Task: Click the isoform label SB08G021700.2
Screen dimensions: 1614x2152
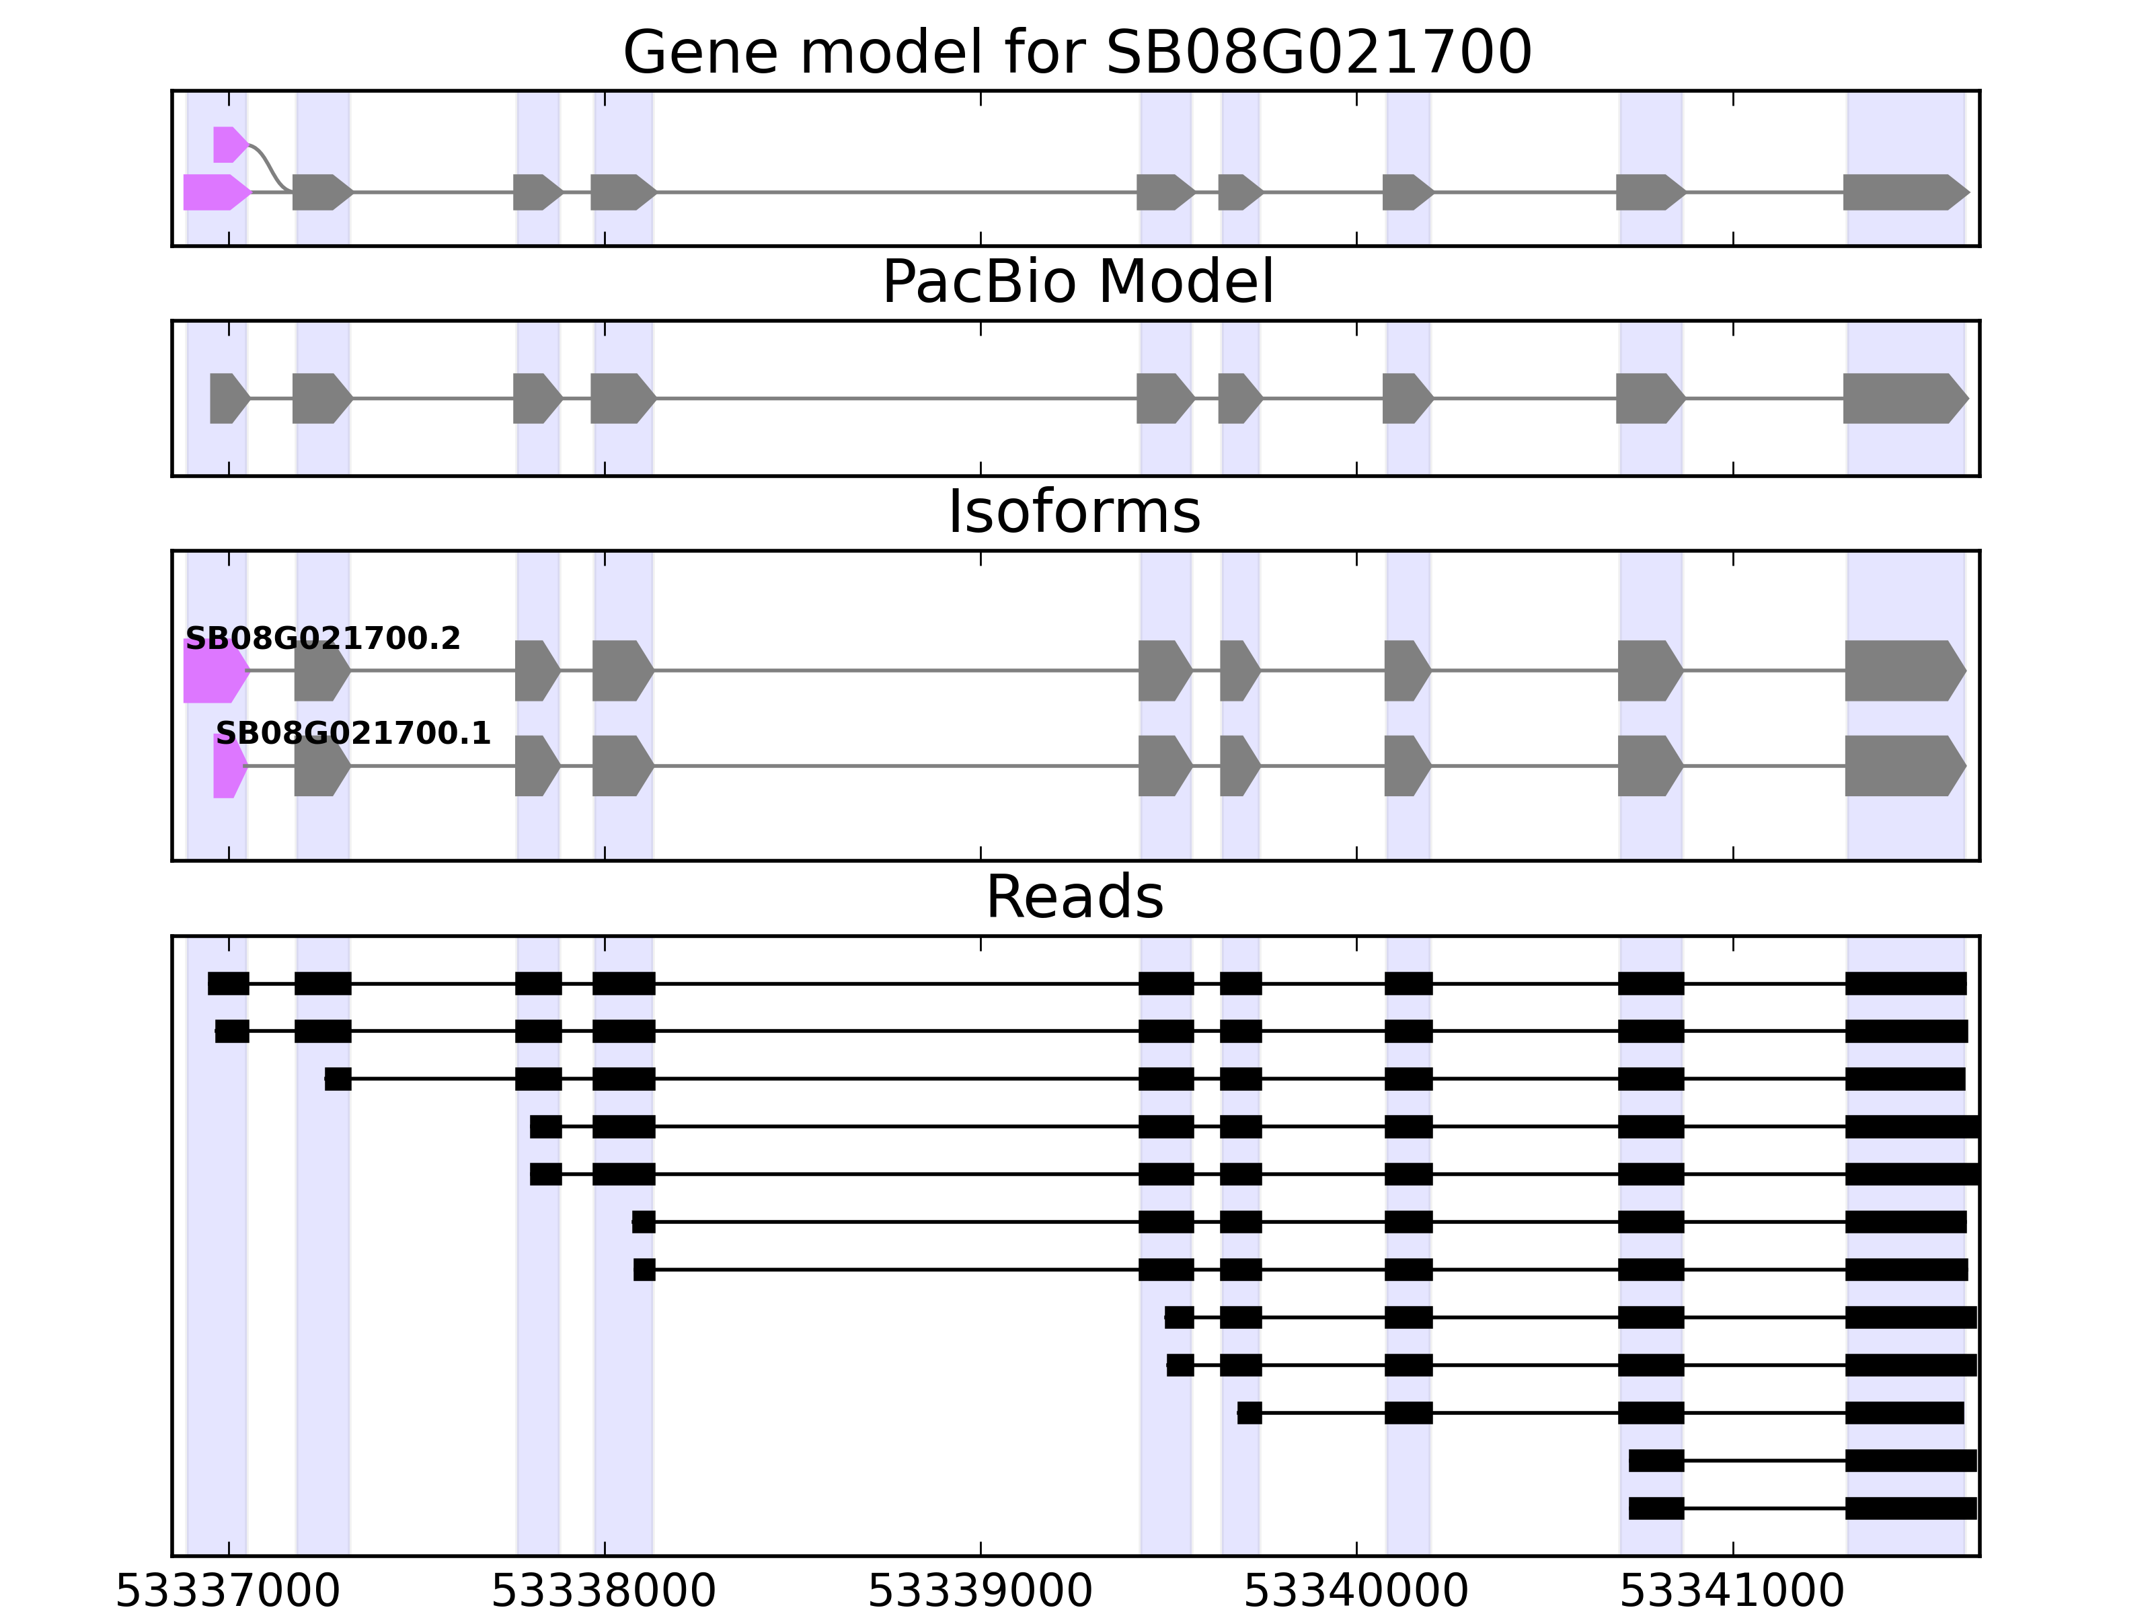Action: click(x=322, y=638)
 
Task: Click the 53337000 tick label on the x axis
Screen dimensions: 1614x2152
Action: click(x=228, y=1592)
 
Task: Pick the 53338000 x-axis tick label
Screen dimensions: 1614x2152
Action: click(x=603, y=1592)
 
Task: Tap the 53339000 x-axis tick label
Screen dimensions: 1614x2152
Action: click(x=980, y=1592)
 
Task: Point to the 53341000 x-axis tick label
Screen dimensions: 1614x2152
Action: click(x=1732, y=1592)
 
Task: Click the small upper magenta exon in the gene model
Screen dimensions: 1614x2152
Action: click(x=228, y=145)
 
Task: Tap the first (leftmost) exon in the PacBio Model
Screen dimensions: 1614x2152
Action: click(x=227, y=399)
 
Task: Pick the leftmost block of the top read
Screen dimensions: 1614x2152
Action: click(x=228, y=984)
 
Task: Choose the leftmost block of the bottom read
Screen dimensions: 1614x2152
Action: click(x=1656, y=1508)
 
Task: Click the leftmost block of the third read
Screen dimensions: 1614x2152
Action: click(x=338, y=1079)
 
